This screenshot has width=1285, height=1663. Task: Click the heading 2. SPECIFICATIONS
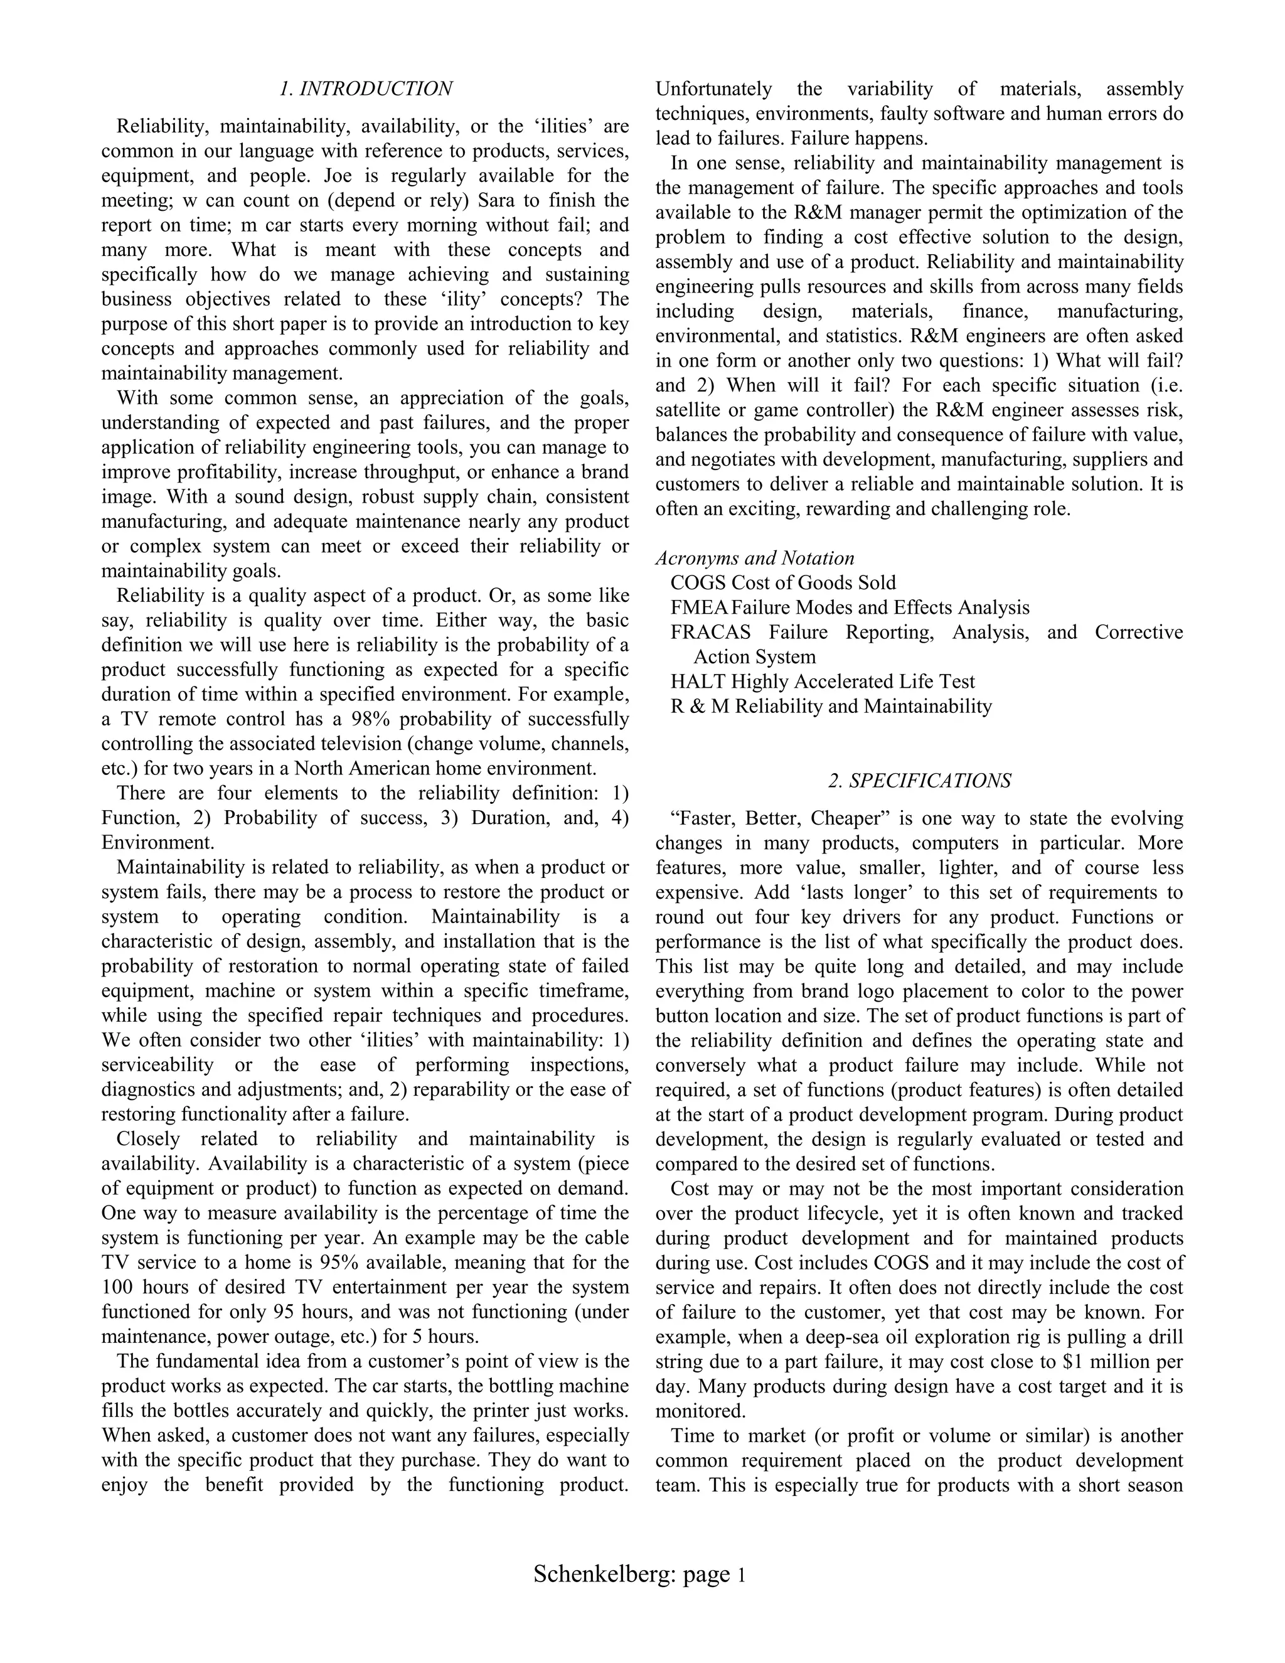click(x=920, y=781)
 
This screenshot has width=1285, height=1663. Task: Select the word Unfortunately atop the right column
click(x=713, y=89)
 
